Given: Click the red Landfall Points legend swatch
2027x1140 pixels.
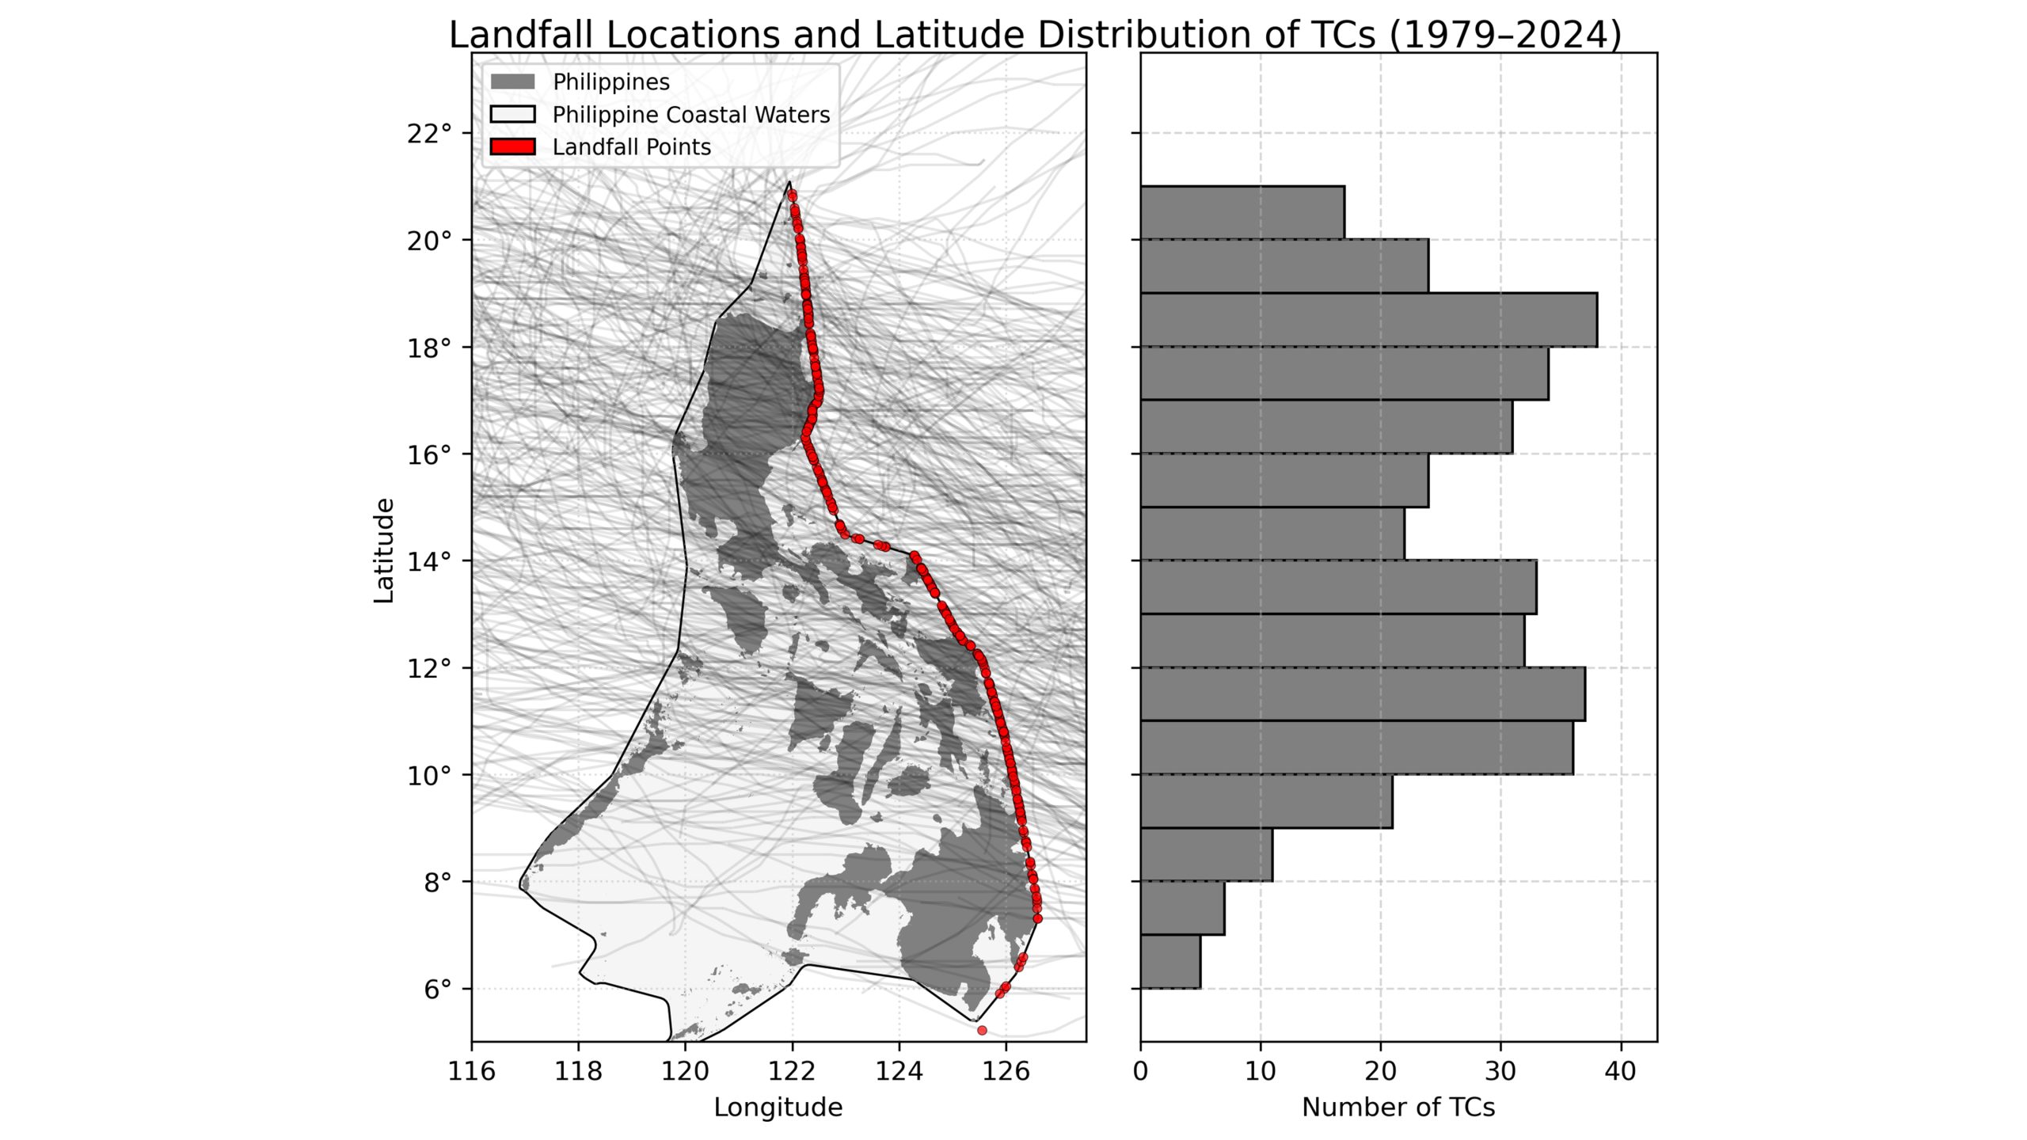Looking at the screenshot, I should (512, 147).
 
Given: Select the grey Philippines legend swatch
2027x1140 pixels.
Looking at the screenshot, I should (512, 82).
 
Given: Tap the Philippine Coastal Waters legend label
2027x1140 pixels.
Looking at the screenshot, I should (690, 115).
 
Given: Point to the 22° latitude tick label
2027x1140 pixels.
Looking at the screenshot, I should (429, 134).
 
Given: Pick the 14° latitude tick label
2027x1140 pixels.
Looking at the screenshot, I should (429, 562).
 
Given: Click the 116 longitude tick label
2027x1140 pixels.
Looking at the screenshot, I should (471, 1072).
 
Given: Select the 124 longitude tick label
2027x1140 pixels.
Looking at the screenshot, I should (899, 1072).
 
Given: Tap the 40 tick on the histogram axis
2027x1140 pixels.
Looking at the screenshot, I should (1620, 1072).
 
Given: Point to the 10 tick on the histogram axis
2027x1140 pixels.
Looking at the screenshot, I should (1260, 1072).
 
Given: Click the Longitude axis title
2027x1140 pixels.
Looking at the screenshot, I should (778, 1108).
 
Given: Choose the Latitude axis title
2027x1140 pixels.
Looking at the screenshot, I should (384, 550).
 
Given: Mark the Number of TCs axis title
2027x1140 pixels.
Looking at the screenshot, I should (1398, 1108).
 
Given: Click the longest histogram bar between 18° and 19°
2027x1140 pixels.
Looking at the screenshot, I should (1368, 320).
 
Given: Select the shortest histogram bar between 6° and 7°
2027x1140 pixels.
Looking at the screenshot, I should (1170, 962).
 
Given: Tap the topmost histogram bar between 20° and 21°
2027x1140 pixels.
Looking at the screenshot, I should (1242, 212).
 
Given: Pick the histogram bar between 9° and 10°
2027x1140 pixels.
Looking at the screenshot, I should (1265, 801).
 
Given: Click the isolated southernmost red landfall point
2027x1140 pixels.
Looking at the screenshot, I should (982, 1030).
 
